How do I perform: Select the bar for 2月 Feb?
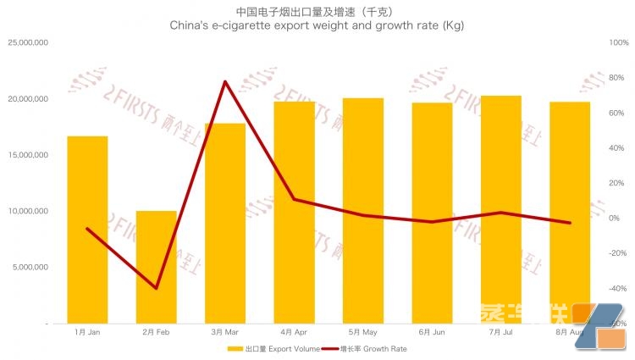(x=157, y=267)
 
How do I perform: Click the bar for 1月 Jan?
(x=87, y=230)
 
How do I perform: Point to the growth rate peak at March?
(x=225, y=81)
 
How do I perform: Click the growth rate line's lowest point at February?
(x=157, y=288)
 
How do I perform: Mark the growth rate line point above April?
(x=294, y=199)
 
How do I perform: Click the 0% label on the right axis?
(x=614, y=219)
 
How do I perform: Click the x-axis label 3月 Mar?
(x=225, y=332)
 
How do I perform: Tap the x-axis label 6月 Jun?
(x=432, y=332)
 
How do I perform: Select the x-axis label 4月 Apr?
(x=294, y=332)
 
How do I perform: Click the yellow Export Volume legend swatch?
(x=235, y=348)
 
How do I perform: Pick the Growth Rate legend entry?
(x=373, y=348)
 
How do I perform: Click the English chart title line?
(x=317, y=26)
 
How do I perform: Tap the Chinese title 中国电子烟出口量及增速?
(x=317, y=11)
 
